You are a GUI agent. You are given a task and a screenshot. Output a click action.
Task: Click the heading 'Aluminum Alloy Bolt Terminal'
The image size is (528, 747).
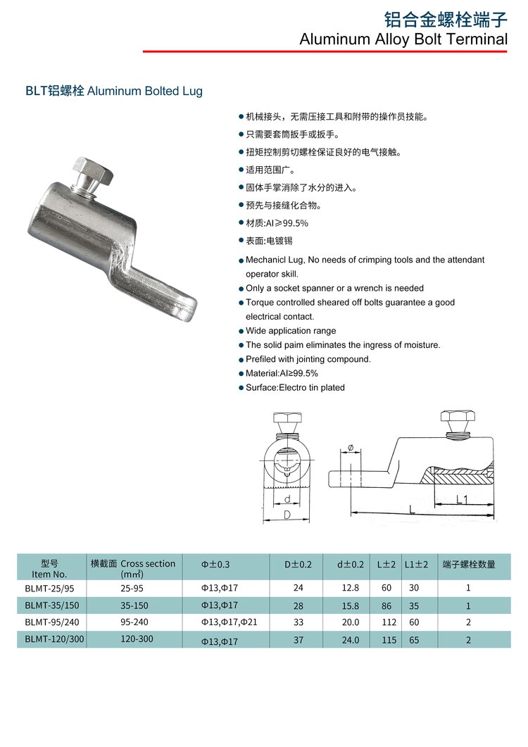click(403, 39)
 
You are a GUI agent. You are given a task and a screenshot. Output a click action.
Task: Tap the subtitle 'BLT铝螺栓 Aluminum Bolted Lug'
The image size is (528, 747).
click(113, 91)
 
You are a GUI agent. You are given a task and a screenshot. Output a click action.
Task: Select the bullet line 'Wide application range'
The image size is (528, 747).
click(290, 331)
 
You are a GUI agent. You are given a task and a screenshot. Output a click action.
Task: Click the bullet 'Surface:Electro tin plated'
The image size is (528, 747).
click(295, 387)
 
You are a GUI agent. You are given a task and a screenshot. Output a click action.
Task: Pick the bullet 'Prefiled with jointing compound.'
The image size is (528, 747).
click(308, 359)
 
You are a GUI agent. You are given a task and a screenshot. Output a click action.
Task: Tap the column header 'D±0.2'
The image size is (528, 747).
click(298, 564)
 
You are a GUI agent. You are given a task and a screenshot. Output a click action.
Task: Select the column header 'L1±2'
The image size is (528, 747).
click(416, 564)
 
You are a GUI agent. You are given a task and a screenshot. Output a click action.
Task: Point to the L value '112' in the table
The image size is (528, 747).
click(386, 622)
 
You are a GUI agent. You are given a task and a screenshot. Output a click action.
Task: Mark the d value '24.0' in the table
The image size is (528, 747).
click(350, 640)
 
